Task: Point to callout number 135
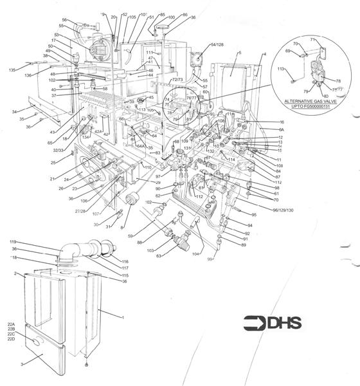point(12,69)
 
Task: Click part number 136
point(28,76)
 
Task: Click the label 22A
point(11,324)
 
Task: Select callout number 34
point(14,112)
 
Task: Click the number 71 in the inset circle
point(313,40)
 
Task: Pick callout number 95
point(253,214)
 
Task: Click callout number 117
point(125,268)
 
